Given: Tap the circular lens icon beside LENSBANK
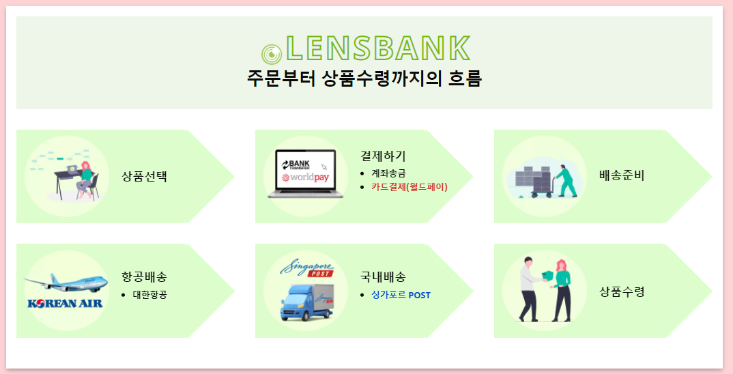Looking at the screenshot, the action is (x=271, y=53).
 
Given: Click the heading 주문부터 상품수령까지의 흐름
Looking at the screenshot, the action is (x=364, y=78).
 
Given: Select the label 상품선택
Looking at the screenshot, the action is (x=145, y=176).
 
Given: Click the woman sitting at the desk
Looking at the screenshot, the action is (x=85, y=180).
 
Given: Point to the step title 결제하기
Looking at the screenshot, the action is (x=383, y=156).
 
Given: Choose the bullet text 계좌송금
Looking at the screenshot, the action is (x=388, y=173).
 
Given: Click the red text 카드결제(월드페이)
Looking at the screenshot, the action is (x=409, y=186).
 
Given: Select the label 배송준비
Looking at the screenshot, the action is (x=622, y=175).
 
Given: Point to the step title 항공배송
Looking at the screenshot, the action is (x=144, y=276).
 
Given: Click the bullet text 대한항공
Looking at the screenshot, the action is (x=150, y=295).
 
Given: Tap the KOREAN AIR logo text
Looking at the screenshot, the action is (x=65, y=302).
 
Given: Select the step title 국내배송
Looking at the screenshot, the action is (x=383, y=276).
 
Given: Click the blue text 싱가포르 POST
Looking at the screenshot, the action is (x=401, y=295).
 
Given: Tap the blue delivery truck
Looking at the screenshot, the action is (x=305, y=302).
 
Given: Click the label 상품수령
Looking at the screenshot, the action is (x=622, y=291).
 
